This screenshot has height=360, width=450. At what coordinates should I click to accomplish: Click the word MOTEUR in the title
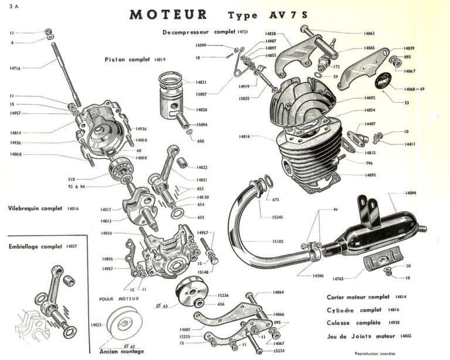[168, 14]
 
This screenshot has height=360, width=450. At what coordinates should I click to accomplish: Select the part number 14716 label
[15, 68]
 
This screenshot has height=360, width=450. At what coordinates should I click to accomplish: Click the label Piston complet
[129, 59]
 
